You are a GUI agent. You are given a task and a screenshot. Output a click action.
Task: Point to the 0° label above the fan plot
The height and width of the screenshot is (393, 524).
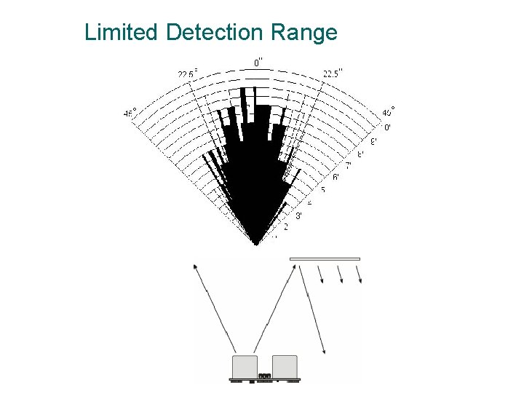click(x=258, y=63)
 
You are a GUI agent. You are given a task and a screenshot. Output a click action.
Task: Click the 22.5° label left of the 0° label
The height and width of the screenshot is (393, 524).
click(x=187, y=74)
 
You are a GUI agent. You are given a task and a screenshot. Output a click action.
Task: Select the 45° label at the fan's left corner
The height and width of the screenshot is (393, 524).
click(x=130, y=114)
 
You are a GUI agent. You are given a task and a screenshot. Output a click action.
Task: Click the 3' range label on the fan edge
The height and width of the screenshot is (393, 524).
click(x=298, y=215)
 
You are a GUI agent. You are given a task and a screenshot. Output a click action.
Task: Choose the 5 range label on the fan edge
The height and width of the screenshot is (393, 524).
click(x=322, y=190)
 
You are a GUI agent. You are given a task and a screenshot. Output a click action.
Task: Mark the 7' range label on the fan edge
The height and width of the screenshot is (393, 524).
click(x=348, y=166)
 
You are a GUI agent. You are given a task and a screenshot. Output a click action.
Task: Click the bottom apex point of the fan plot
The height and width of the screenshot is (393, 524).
click(x=256, y=243)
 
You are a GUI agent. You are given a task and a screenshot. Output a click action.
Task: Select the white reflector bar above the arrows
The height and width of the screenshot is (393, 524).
click(x=325, y=258)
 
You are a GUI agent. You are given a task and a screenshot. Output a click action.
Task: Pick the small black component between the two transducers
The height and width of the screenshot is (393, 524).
click(x=264, y=376)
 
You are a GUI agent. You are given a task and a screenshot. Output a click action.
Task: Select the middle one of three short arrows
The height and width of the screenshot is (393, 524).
click(x=339, y=274)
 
